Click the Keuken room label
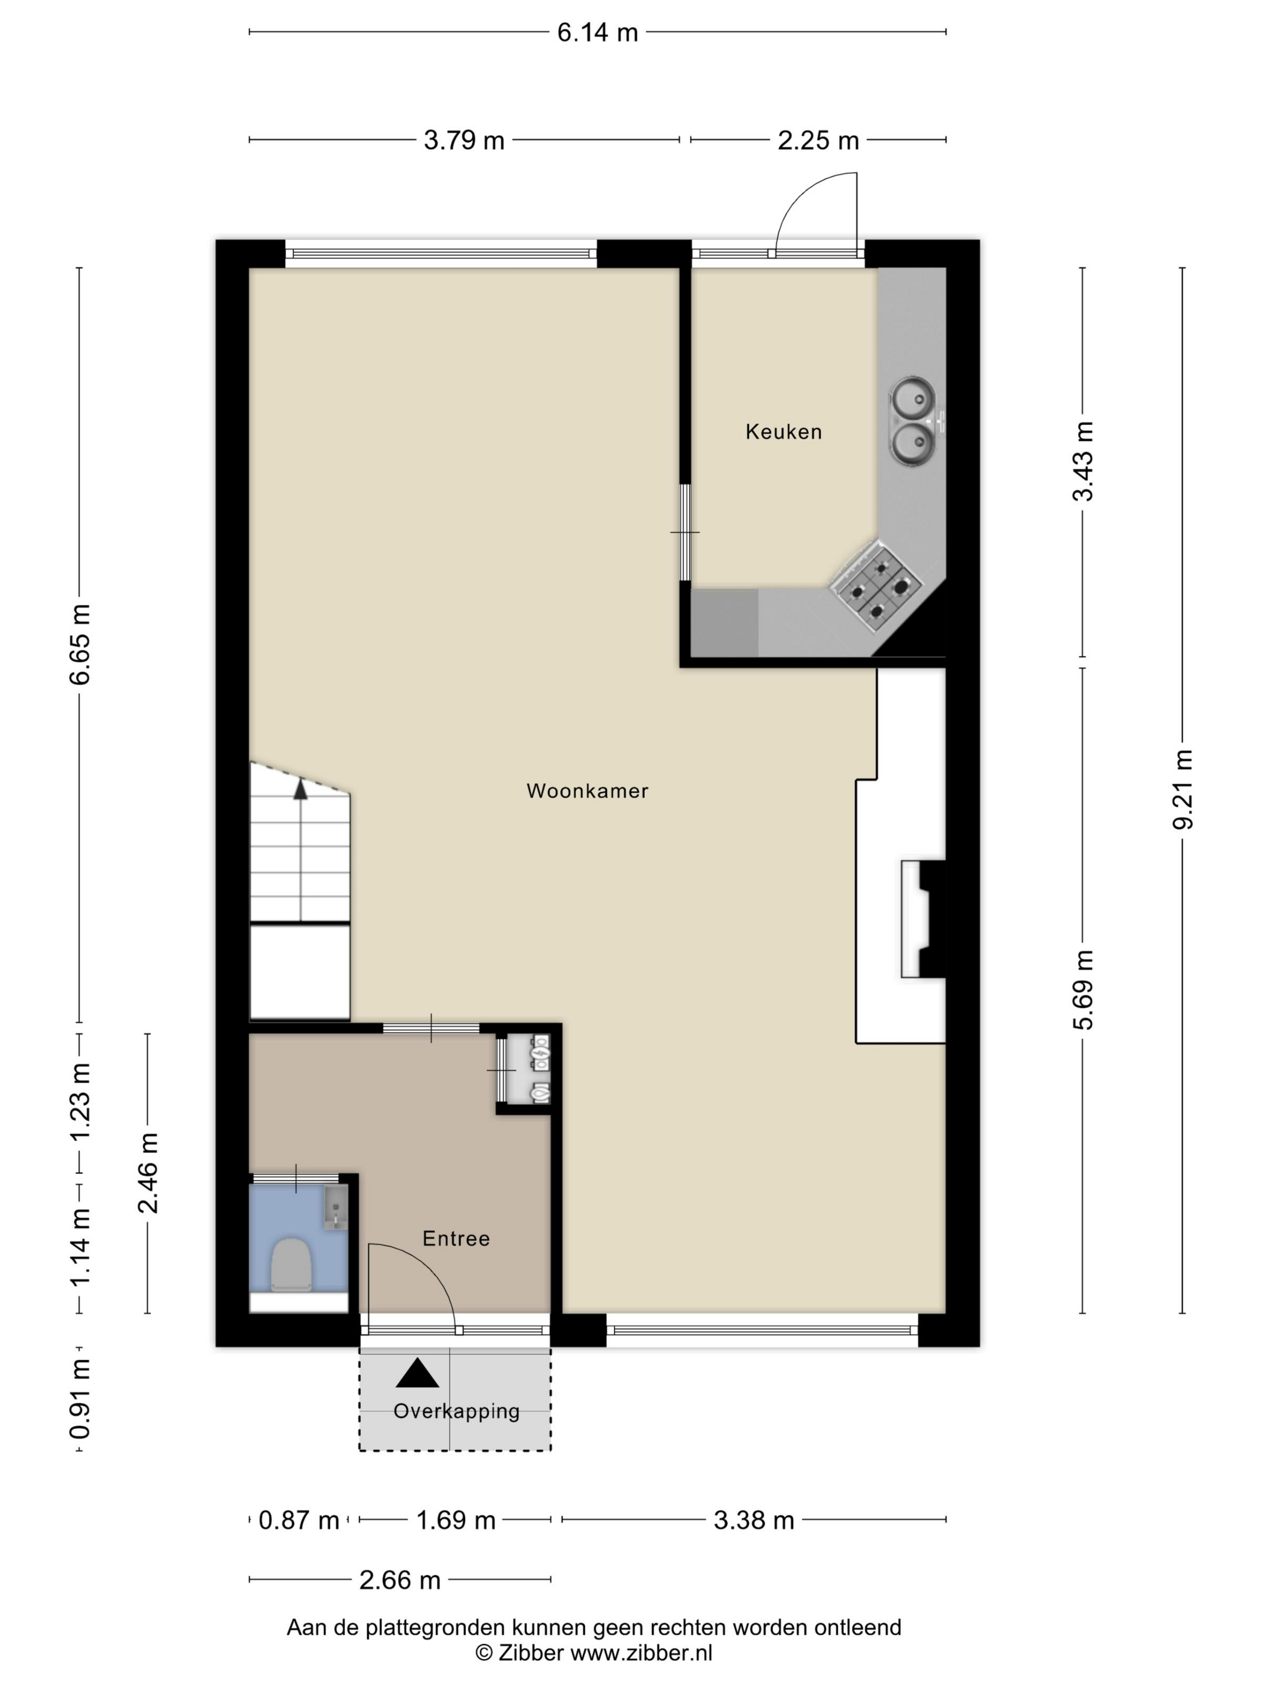(783, 432)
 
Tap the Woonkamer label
(587, 790)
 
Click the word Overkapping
(456, 1411)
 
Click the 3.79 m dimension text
(463, 141)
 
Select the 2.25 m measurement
(818, 141)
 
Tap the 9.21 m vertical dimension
(1183, 789)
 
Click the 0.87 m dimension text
(298, 1520)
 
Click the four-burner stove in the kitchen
(876, 587)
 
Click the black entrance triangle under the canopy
(417, 1373)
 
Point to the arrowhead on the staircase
(300, 789)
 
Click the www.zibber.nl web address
(641, 1652)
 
